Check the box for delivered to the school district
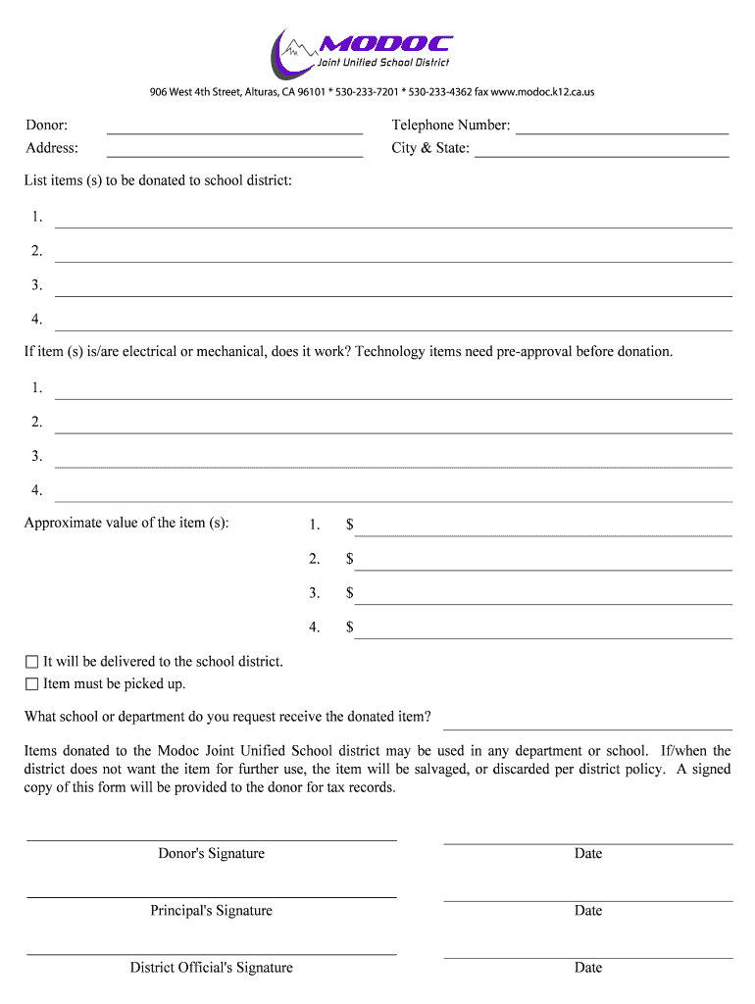31,662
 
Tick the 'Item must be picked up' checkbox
31,684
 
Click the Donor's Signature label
211,854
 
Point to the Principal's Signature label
211,911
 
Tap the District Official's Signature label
211,968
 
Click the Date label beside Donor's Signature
588,854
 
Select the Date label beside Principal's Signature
588,911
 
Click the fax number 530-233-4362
440,92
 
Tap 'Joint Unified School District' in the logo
382,63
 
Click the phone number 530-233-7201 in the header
366,92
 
